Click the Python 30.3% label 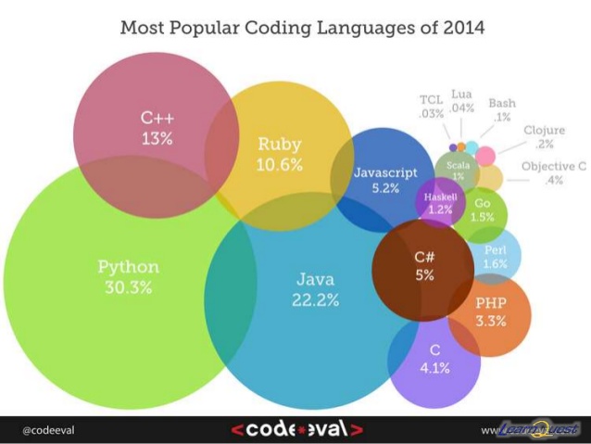coord(128,276)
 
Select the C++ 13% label coord(157,128)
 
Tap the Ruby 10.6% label coord(279,154)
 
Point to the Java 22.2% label coord(314,288)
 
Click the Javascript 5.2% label coord(384,180)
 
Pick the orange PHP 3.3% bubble coord(491,312)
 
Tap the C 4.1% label coord(434,358)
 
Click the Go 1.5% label coord(482,209)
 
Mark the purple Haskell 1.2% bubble coord(439,203)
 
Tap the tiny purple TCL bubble coord(452,146)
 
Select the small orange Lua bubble coord(461,146)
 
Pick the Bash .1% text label coord(502,109)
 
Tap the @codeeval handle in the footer coord(48,430)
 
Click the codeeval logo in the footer coord(296,429)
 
